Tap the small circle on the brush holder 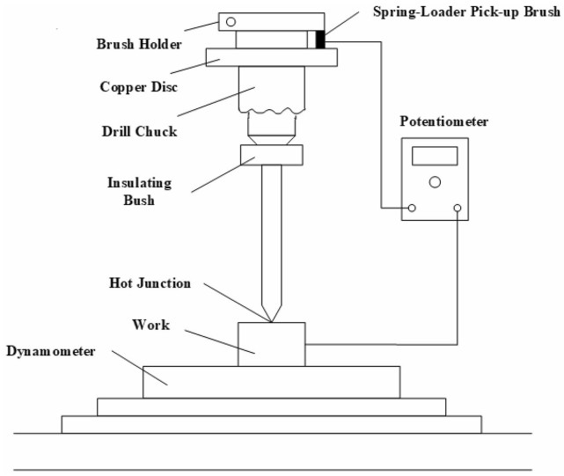231,21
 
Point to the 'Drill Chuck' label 140,132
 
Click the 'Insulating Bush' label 139,192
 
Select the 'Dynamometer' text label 54,352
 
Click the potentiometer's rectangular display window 435,157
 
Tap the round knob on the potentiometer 435,182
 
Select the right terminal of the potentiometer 458,209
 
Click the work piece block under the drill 271,344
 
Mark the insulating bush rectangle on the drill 271,155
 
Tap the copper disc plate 271,57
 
